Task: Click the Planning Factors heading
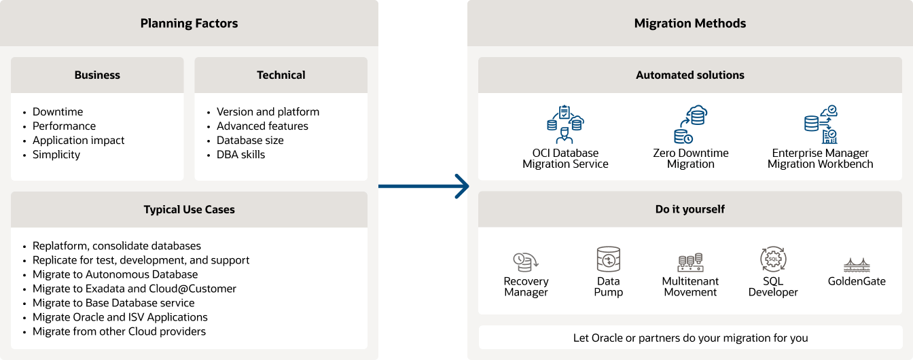(x=189, y=24)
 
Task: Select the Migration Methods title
(x=690, y=24)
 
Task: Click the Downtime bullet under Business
(x=58, y=112)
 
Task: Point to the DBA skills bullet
(x=240, y=155)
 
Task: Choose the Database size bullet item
(x=250, y=141)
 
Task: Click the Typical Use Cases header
(x=189, y=210)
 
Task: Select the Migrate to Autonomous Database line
(x=115, y=274)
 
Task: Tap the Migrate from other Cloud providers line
(x=119, y=331)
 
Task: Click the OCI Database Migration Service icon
(x=565, y=124)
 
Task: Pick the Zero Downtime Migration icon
(x=690, y=124)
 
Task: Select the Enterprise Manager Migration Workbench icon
(x=820, y=124)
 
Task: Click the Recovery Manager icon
(x=526, y=262)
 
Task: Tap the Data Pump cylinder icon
(x=608, y=259)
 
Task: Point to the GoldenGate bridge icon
(x=857, y=265)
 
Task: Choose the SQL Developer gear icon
(x=773, y=259)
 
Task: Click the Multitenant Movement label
(x=690, y=287)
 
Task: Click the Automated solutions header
(x=690, y=75)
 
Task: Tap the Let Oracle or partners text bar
(x=690, y=338)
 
